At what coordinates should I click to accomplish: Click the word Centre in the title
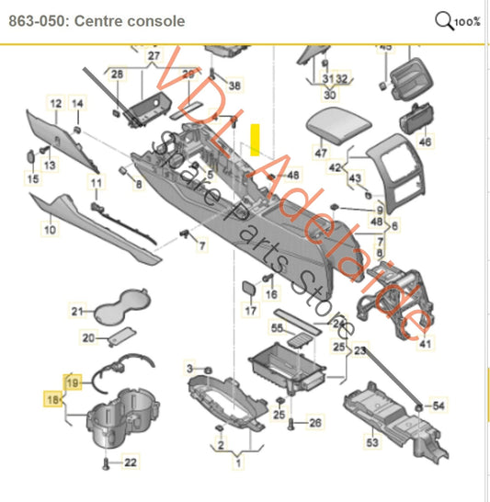coord(109,20)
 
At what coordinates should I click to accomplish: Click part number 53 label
coord(371,443)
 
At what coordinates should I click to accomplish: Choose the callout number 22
coord(131,462)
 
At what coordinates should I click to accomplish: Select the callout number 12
coord(55,104)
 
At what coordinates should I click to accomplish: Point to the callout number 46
coord(424,143)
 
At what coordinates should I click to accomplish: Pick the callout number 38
coord(234,86)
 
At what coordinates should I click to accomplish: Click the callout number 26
coord(315,423)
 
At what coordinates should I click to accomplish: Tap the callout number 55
coord(276,327)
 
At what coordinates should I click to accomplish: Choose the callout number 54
coord(438,405)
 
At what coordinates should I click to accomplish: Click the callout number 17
coord(250,311)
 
